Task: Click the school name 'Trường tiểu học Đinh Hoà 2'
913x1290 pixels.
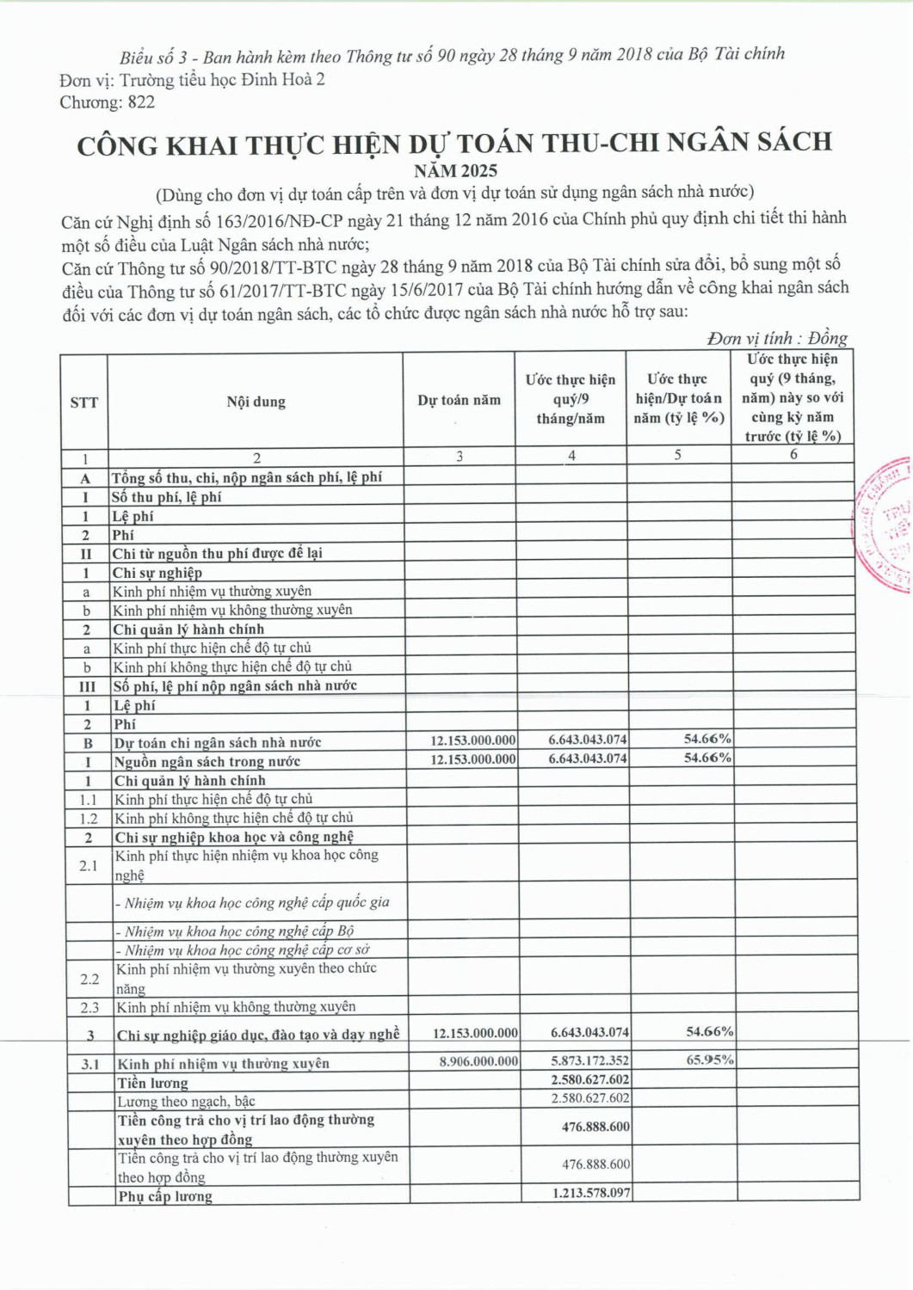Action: click(222, 80)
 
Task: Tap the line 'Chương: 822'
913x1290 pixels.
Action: click(108, 102)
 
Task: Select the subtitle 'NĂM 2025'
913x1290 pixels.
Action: click(455, 170)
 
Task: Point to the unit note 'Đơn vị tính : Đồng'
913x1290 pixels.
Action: click(777, 338)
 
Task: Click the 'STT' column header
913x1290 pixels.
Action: click(84, 402)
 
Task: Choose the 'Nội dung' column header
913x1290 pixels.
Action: click(256, 402)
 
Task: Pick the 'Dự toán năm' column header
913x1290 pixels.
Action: click(459, 400)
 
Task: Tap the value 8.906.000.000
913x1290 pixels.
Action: click(478, 1061)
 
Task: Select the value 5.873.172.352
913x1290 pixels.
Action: click(590, 1061)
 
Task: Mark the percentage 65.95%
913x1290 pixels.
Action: click(709, 1060)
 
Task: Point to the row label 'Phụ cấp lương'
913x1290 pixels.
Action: click(165, 1196)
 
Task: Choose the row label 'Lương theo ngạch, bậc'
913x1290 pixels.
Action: click(186, 1101)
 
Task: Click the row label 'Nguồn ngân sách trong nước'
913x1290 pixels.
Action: click(207, 761)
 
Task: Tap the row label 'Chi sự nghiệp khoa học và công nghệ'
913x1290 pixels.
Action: click(235, 837)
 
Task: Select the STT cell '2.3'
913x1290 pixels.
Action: click(89, 1007)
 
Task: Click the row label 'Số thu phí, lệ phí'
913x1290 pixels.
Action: click(167, 497)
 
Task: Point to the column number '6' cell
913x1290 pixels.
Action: click(793, 454)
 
